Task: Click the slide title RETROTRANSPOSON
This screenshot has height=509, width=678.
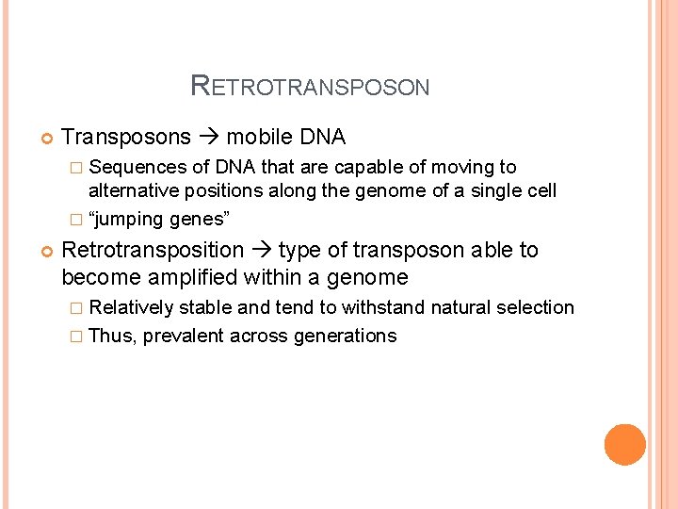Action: point(310,87)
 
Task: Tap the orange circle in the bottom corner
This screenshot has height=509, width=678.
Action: point(625,445)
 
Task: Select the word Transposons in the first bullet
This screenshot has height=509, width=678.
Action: point(126,138)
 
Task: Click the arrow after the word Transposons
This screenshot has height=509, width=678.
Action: point(209,138)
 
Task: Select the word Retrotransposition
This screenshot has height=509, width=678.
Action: point(153,250)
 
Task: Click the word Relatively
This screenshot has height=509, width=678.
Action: point(131,307)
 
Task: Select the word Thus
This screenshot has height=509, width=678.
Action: point(111,337)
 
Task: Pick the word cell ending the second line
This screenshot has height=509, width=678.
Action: point(541,190)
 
